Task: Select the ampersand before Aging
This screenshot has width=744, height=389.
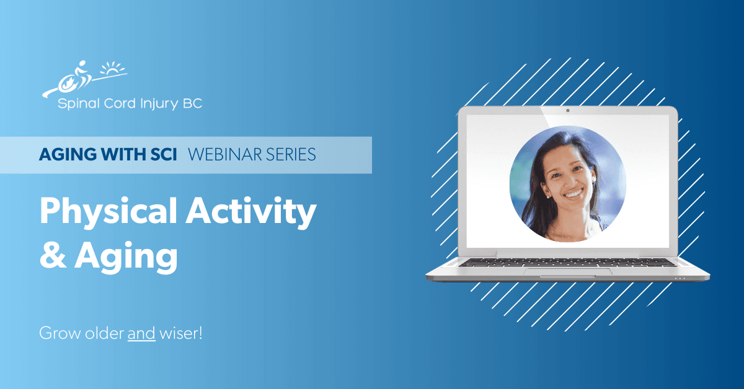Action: [53, 255]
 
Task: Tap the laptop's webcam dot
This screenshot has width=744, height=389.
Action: [567, 111]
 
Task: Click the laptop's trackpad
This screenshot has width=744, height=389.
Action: [567, 271]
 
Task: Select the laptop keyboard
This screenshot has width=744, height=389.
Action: [567, 262]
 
